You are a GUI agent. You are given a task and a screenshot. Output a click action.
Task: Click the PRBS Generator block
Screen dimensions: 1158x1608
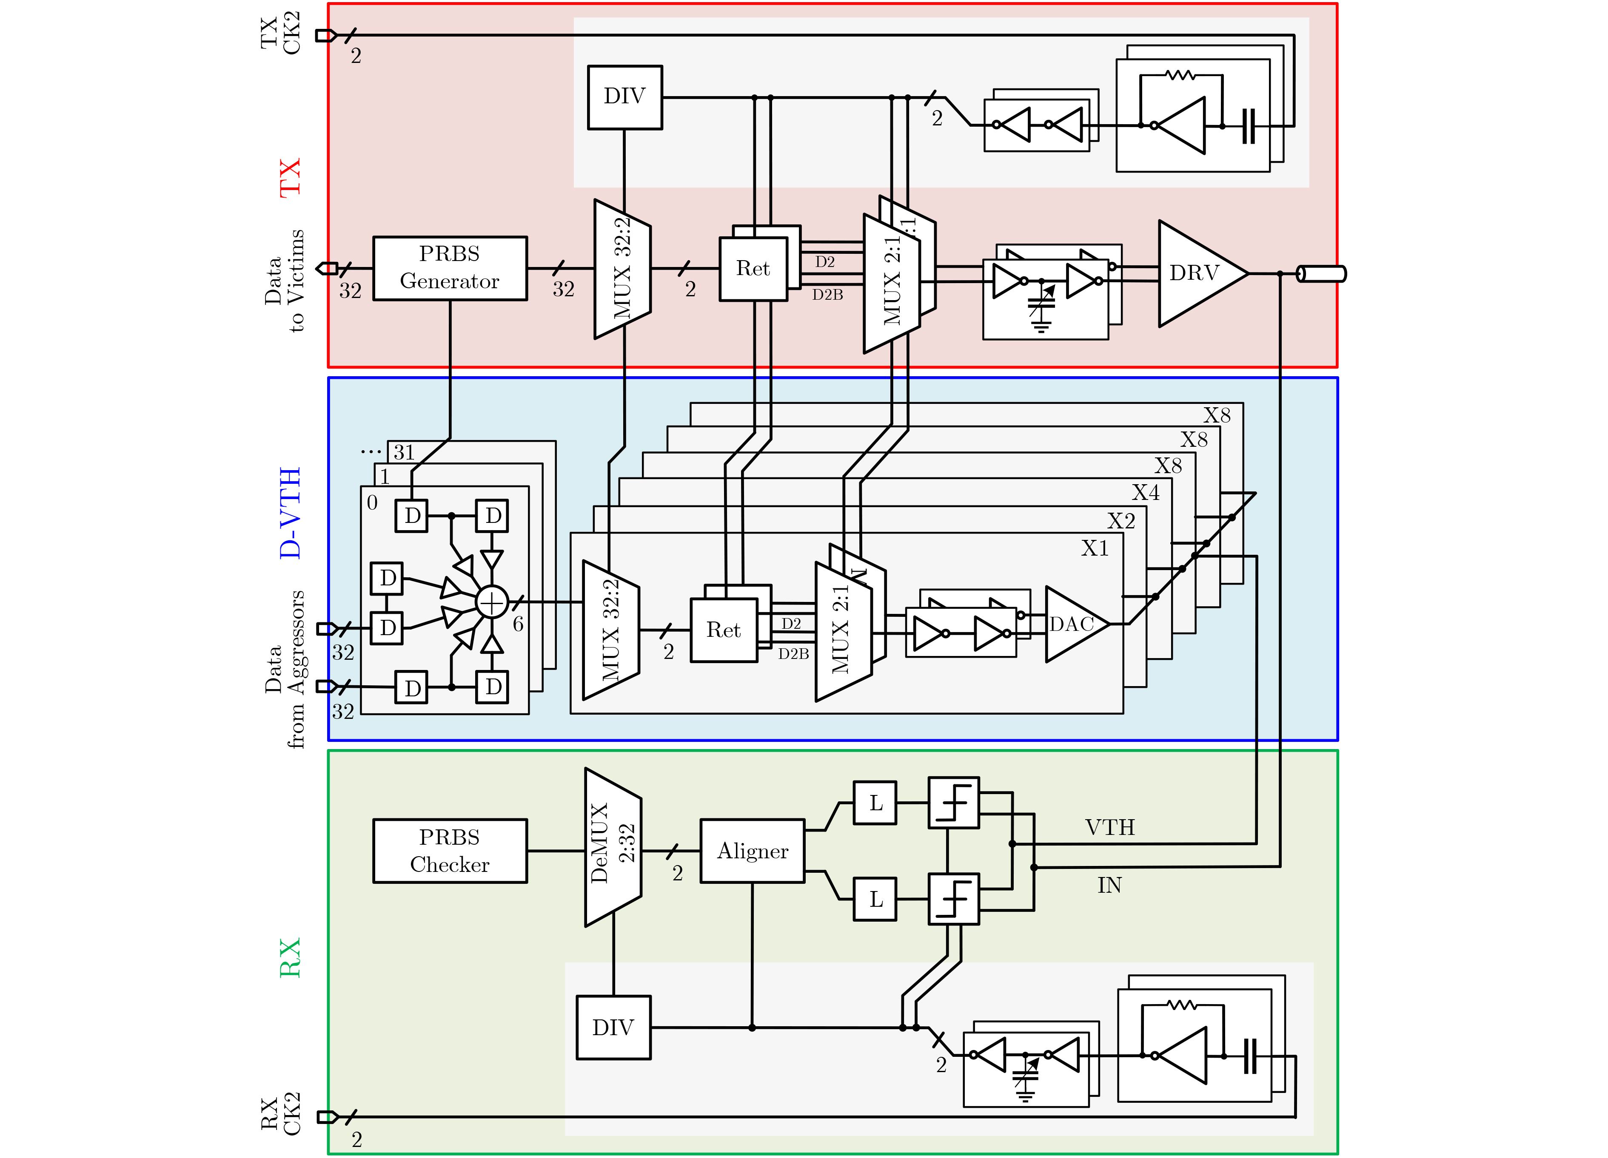click(x=450, y=268)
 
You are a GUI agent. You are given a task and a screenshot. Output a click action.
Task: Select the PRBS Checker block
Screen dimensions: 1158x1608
click(x=450, y=850)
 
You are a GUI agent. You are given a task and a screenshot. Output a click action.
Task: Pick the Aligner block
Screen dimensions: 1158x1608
click(x=752, y=850)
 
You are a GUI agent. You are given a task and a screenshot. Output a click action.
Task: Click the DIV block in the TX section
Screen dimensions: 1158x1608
click(x=624, y=97)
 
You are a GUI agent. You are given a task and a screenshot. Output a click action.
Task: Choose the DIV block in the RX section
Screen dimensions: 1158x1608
click(x=613, y=1027)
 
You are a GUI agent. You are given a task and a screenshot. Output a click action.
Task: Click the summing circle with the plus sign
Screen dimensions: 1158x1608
click(x=492, y=602)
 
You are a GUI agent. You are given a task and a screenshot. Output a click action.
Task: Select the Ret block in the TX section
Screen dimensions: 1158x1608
click(x=753, y=269)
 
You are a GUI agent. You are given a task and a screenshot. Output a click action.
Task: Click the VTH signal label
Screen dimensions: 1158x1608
click(x=1109, y=827)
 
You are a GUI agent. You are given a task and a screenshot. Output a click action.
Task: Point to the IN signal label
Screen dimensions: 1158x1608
click(x=1109, y=885)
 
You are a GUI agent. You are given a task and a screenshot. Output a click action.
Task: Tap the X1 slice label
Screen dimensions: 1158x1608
click(x=1095, y=548)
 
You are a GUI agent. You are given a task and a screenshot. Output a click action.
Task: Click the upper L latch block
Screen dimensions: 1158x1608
click(x=875, y=803)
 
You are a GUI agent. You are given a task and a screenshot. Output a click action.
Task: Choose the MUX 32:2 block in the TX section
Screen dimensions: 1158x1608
click(x=622, y=269)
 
